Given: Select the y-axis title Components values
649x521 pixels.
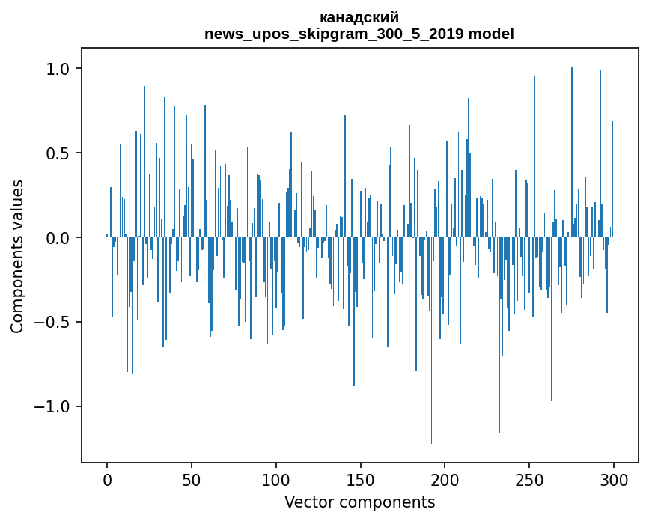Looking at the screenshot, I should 17,256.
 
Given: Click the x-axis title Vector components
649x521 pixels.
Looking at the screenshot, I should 359,502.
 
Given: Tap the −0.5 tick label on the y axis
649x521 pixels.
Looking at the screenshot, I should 52,323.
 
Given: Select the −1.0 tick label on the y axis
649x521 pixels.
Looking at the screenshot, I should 52,407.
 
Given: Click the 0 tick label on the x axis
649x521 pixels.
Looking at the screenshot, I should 107,479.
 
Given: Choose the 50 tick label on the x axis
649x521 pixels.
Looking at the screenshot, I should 192,479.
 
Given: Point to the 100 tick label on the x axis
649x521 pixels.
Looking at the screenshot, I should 276,479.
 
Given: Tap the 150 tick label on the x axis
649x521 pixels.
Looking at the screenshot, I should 361,479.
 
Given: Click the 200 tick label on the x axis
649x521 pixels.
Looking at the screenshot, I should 445,479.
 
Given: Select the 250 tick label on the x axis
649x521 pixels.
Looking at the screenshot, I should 529,479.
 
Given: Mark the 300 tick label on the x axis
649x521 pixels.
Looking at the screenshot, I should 614,479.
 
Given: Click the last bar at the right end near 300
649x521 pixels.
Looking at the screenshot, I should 612,180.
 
